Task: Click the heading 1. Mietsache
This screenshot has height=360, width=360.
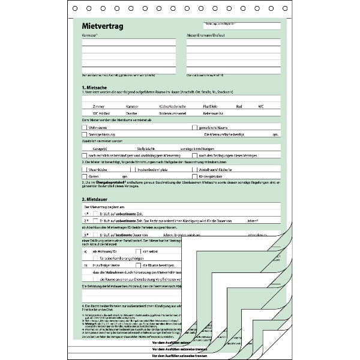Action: [95, 88]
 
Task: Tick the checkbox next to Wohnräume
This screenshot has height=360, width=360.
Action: [84, 128]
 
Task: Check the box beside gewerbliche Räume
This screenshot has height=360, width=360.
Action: [194, 128]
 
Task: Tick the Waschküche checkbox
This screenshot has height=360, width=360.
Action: [84, 170]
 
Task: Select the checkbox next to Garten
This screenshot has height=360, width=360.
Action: [84, 177]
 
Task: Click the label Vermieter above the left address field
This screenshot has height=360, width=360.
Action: [90, 37]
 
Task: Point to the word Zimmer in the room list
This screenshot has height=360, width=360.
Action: [98, 106]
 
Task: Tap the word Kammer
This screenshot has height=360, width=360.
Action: [132, 106]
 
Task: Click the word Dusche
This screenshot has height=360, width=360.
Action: [131, 113]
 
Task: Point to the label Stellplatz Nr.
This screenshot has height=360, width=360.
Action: [146, 147]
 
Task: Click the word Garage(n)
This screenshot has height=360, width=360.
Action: [100, 147]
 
